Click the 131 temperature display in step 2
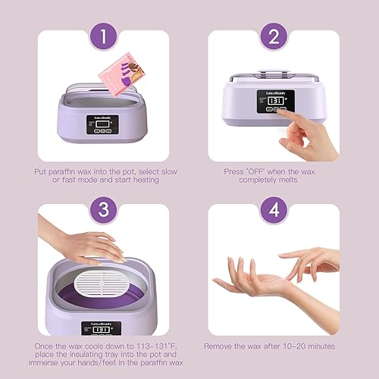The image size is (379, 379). point(274,100)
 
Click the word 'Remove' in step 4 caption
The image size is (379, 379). point(224,345)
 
